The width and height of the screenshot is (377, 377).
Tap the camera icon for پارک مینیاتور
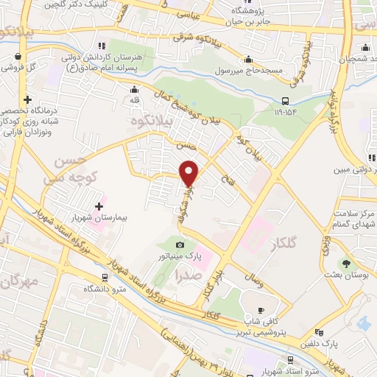coord(180,244)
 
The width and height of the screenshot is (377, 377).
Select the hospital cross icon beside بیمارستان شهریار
coord(100,206)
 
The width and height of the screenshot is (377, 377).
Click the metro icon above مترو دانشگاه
coord(104,278)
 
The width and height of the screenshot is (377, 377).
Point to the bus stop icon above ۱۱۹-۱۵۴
coord(285,101)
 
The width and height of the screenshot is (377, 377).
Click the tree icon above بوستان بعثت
coord(345,262)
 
